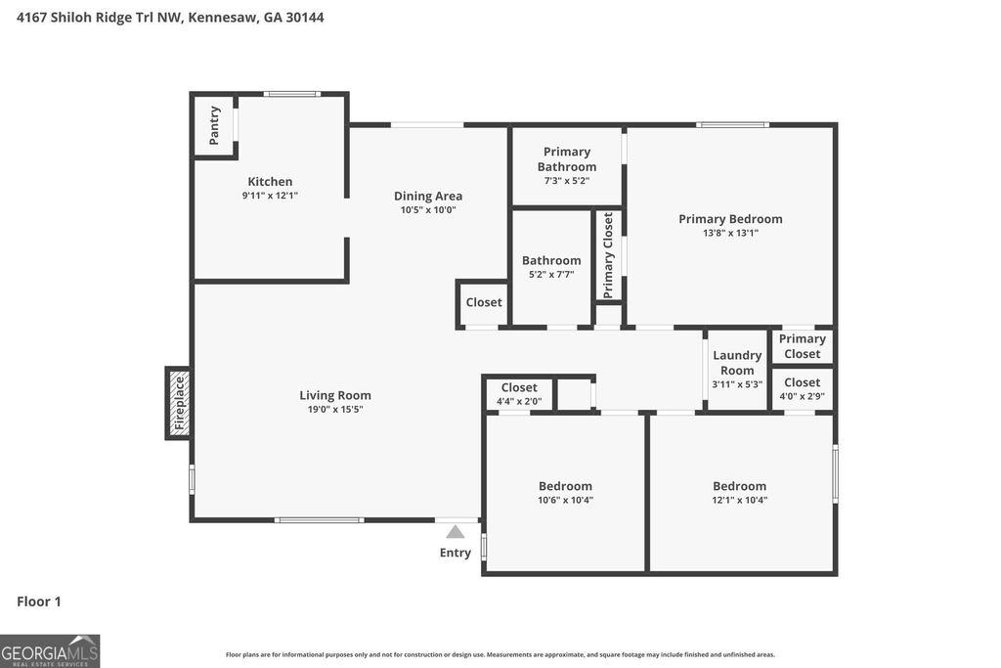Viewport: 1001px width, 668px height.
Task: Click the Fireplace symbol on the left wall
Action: tap(178, 403)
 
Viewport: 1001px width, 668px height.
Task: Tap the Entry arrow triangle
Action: tap(455, 532)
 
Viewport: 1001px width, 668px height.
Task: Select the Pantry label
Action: tap(215, 124)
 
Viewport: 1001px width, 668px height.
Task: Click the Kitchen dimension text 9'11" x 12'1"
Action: tap(270, 196)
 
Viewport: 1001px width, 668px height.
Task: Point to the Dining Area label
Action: tap(428, 196)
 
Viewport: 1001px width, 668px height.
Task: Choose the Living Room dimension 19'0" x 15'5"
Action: tap(335, 410)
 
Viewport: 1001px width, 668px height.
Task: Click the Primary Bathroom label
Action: tap(567, 158)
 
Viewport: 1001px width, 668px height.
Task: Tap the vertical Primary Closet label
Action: tap(609, 255)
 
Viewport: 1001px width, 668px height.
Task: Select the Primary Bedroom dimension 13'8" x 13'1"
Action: tap(730, 233)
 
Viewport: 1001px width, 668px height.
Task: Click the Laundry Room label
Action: tap(737, 363)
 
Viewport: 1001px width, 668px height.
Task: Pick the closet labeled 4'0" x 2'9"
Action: tap(802, 389)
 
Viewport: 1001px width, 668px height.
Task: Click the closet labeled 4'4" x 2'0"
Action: tap(519, 394)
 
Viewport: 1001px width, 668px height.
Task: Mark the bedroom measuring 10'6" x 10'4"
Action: tap(565, 493)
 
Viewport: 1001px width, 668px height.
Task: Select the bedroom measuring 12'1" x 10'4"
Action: tap(739, 493)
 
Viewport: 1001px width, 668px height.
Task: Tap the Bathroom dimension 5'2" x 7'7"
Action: tap(551, 275)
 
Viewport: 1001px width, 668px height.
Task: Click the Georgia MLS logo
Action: tap(50, 650)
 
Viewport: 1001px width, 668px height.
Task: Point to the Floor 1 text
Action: tap(39, 601)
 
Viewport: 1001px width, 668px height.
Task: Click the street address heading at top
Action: tap(170, 18)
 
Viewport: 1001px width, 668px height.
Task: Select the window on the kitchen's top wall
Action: tap(292, 94)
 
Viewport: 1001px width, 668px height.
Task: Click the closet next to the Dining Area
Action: tap(483, 302)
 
